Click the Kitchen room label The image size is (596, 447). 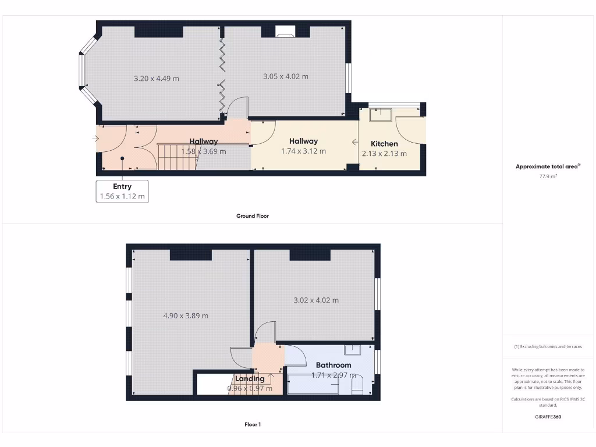point(384,144)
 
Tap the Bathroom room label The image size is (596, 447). point(334,365)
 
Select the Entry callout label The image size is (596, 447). point(122,187)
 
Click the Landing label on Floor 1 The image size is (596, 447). point(250,378)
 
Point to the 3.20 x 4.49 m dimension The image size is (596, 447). point(156,79)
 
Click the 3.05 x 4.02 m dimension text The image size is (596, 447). point(285,76)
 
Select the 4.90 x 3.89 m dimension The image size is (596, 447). point(186,316)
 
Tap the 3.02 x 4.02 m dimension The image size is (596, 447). point(315,300)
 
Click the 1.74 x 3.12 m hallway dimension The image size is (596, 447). point(303,151)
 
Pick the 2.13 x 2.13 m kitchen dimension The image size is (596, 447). point(384,154)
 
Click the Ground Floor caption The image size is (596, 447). point(253,216)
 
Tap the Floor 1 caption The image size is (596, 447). point(253,424)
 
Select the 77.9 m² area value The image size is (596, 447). point(548,176)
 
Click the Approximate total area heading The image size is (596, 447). point(548,166)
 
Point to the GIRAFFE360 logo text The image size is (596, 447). point(548,417)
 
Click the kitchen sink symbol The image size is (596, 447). point(380,116)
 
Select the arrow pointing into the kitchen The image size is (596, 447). point(354,142)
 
